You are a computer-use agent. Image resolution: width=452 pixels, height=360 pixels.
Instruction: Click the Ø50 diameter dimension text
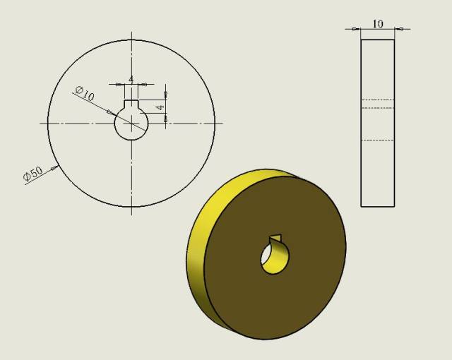[33, 174]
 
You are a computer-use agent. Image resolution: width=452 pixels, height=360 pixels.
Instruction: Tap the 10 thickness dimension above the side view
[378, 24]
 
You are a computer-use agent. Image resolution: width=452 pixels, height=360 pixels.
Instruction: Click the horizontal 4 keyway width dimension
[131, 78]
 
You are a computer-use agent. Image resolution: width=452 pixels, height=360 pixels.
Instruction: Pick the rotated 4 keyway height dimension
[160, 107]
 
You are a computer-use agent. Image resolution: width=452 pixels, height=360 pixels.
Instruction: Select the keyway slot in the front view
[131, 105]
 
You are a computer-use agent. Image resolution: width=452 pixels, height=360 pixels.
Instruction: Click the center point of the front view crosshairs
[131, 124]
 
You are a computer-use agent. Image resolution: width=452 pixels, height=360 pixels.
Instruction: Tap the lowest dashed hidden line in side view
[377, 140]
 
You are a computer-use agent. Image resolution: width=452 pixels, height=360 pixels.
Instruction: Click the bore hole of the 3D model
[274, 260]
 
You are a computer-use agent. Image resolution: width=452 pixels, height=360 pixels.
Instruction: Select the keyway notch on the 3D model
[276, 239]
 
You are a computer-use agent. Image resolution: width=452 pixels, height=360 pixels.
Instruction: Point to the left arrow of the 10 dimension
[357, 29]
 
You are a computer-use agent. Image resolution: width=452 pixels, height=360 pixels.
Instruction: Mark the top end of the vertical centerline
[131, 32]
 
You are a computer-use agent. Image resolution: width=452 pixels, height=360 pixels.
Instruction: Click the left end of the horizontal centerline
[41, 124]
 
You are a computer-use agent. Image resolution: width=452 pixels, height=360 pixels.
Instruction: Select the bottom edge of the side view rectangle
[377, 206]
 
